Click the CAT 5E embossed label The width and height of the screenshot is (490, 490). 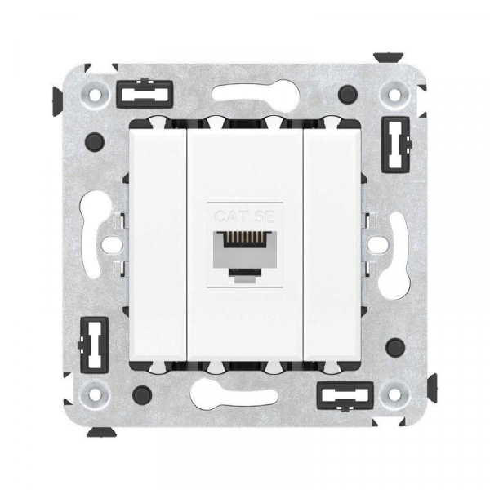pyautogui.click(x=246, y=216)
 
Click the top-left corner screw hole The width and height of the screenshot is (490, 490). pyautogui.click(x=95, y=93)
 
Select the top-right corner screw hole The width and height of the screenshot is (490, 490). pyautogui.click(x=394, y=93)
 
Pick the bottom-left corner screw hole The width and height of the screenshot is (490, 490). pyautogui.click(x=95, y=394)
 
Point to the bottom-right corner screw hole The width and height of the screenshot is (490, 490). pyautogui.click(x=394, y=394)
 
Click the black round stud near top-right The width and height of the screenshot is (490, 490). pyautogui.click(x=348, y=94)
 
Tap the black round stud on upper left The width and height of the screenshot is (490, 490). pyautogui.click(x=95, y=142)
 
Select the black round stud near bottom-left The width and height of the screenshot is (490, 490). pyautogui.click(x=142, y=395)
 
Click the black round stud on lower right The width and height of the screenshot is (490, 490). pyautogui.click(x=395, y=348)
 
